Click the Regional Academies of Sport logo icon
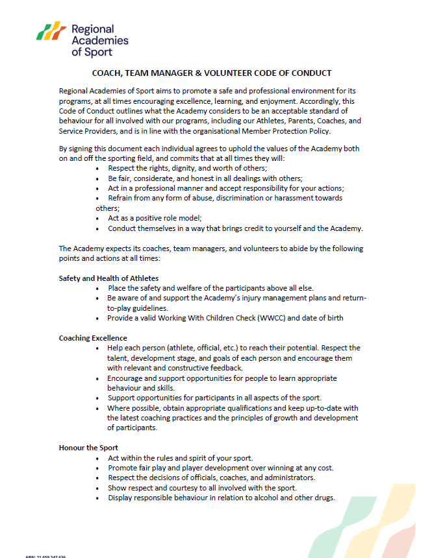pos(51,31)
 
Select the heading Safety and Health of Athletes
pos(108,278)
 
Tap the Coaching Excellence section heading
pos(93,338)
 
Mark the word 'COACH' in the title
pos(107,73)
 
